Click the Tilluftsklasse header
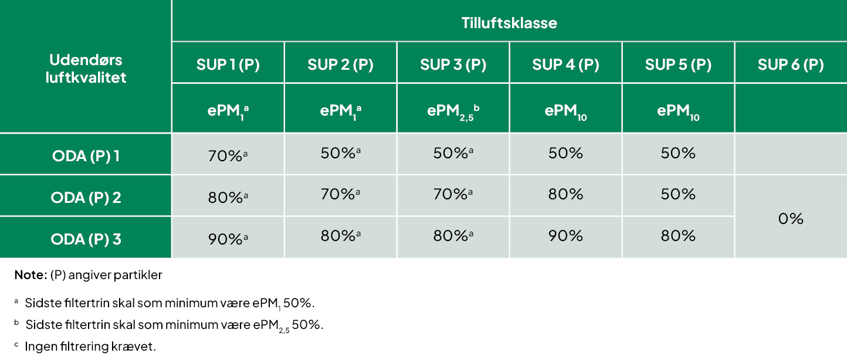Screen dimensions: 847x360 point(509,23)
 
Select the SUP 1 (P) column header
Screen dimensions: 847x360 point(228,64)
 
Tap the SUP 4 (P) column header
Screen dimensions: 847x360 point(565,64)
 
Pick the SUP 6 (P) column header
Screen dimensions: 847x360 point(791,64)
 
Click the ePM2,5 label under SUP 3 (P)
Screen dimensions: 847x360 point(453,112)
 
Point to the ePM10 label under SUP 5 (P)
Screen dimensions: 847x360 point(678,112)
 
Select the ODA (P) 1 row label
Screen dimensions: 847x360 point(86,156)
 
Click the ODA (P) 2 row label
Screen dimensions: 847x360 point(86,198)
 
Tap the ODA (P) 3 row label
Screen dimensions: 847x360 point(86,239)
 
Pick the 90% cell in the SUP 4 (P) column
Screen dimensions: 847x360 point(565,236)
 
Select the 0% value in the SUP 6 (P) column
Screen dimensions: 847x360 point(791,219)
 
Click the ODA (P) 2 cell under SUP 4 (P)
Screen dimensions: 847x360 point(565,195)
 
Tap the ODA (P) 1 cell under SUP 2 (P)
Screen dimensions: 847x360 point(340,153)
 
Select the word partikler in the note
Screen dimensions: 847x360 point(138,275)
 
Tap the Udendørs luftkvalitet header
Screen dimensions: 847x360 point(86,69)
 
